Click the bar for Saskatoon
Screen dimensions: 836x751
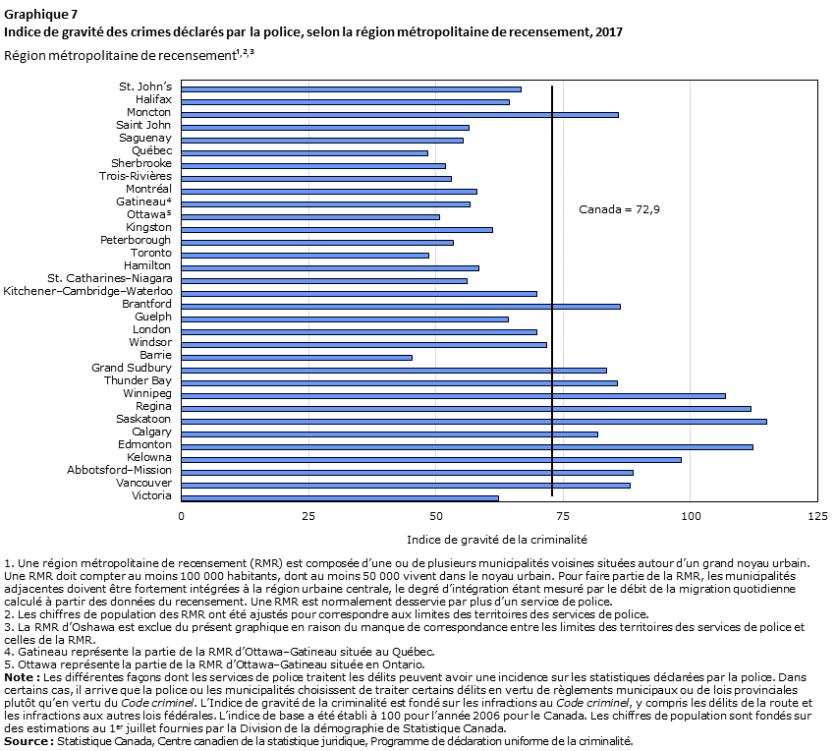474,422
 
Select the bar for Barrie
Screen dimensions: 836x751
297,358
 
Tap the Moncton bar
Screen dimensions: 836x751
400,115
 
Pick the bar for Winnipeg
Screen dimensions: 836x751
453,396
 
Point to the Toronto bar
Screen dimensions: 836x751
305,256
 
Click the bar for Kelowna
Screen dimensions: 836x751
431,460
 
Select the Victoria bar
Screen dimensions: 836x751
340,498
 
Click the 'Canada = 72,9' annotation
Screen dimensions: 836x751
619,209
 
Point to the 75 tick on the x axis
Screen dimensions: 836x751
563,516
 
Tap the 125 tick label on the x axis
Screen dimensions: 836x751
817,516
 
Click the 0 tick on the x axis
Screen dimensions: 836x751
182,516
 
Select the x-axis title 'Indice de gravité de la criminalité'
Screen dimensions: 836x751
497,540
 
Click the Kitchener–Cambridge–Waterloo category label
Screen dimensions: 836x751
88,291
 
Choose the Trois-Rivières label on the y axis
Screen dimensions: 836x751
136,176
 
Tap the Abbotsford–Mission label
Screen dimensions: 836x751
119,470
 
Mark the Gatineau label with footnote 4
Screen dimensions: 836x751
143,202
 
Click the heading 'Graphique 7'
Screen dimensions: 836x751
40,14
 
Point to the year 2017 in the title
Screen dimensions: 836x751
609,32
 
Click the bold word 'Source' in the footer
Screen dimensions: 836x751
27,741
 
